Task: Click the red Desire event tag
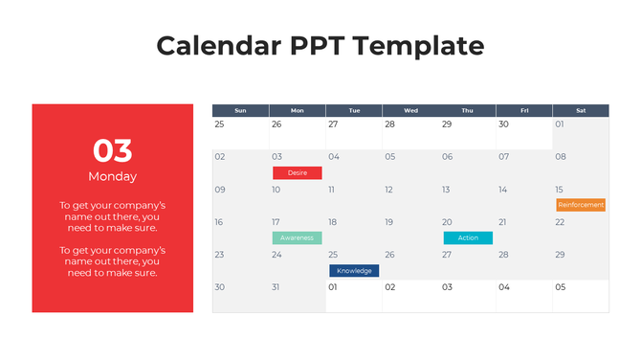click(297, 173)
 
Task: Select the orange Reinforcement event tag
click(581, 205)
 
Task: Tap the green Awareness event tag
click(297, 237)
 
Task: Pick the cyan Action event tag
click(468, 237)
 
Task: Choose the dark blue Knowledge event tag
click(354, 271)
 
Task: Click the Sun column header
click(240, 111)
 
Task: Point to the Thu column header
click(467, 111)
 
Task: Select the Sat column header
click(581, 111)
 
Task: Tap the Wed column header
click(410, 111)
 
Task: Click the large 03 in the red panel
click(113, 150)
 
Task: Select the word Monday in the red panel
click(113, 176)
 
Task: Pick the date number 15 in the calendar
click(560, 190)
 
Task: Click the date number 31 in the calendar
click(276, 287)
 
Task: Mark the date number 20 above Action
click(447, 222)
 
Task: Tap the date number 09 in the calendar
click(220, 190)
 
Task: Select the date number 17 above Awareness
click(276, 222)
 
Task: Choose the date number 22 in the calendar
click(560, 222)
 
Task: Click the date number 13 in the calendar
click(446, 190)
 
